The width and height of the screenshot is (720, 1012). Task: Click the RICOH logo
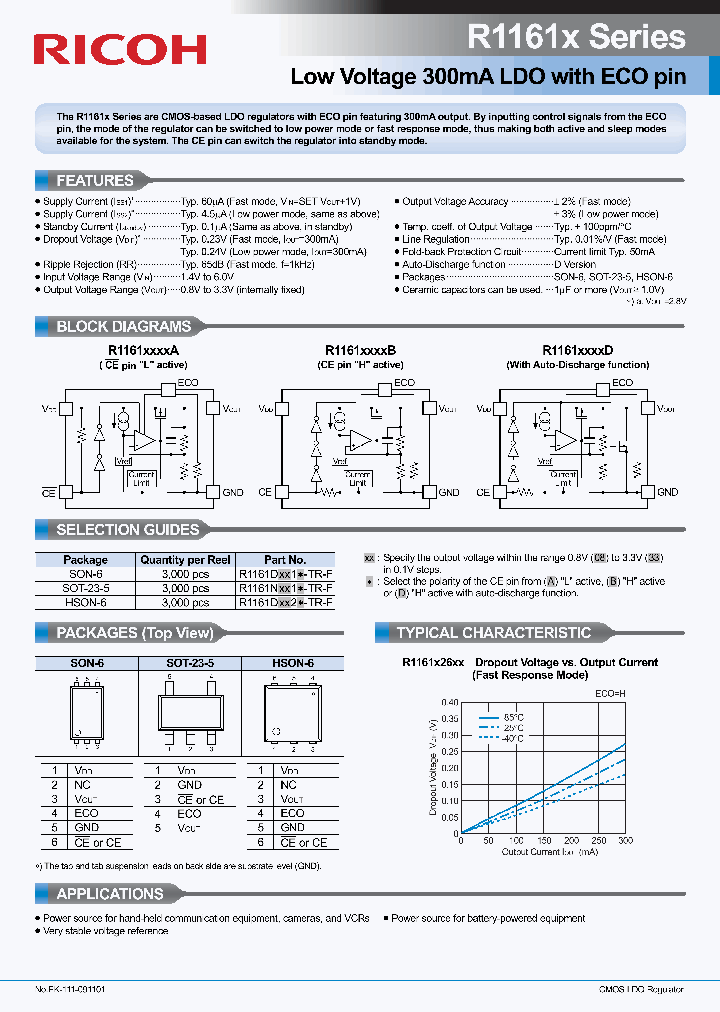[x=120, y=49]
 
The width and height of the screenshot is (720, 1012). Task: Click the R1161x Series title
[x=577, y=37]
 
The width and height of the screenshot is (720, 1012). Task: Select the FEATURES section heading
[x=95, y=181]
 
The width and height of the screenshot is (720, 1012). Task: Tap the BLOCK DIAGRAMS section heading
[x=123, y=326]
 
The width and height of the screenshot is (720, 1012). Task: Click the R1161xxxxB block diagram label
[x=360, y=351]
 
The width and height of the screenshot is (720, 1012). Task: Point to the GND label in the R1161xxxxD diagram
[x=666, y=492]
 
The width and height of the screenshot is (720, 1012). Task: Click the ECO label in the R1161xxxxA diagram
[x=188, y=383]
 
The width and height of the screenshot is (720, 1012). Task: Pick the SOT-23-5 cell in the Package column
[x=85, y=589]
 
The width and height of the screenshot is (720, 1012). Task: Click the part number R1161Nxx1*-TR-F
[x=285, y=589]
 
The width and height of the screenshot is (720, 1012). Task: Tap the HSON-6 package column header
[x=292, y=663]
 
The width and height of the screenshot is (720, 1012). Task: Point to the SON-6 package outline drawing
[x=86, y=711]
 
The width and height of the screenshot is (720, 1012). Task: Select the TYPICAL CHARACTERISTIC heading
[x=493, y=633]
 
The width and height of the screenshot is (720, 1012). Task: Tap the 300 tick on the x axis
[x=626, y=841]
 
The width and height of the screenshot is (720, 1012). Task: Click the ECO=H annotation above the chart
[x=612, y=691]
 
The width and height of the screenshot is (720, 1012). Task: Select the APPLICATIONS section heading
[x=109, y=894]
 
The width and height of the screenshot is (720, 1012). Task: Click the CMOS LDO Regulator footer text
[x=640, y=989]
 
